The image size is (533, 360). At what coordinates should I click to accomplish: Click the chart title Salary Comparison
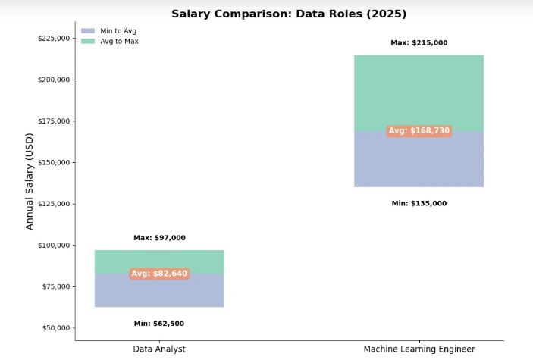[x=289, y=14]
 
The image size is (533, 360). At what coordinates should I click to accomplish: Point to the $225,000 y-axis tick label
[x=53, y=39]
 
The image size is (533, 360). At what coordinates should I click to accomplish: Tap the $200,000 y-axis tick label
[x=53, y=80]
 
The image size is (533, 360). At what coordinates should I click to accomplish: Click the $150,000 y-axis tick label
[x=53, y=162]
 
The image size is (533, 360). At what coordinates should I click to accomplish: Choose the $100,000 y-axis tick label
[x=53, y=246]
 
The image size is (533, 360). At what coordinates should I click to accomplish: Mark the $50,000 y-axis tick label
[x=55, y=328]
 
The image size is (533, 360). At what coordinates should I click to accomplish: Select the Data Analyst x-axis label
[x=159, y=349]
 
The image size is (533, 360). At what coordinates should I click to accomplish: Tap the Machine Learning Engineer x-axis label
[x=419, y=349]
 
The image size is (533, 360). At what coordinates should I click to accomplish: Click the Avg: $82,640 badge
[x=159, y=274]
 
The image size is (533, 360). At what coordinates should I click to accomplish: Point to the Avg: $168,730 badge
[x=419, y=131]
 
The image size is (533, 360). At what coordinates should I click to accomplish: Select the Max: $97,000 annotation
[x=159, y=238]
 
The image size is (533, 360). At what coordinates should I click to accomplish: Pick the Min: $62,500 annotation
[x=159, y=324]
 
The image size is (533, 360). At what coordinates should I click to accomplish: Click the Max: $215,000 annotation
[x=419, y=43]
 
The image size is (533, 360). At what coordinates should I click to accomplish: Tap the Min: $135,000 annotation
[x=419, y=203]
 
